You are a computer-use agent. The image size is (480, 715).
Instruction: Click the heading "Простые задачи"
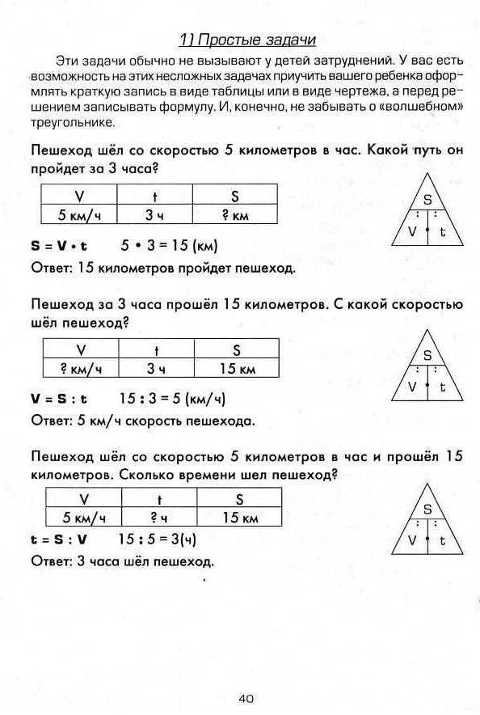click(x=246, y=40)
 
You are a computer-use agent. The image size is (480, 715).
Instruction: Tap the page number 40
click(x=246, y=698)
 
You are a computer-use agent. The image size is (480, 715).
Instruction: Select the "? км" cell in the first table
click(x=235, y=215)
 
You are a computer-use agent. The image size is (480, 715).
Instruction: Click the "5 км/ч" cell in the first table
click(x=78, y=215)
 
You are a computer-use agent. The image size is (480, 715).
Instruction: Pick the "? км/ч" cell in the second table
click(x=80, y=368)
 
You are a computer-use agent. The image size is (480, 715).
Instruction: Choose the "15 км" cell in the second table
click(x=238, y=368)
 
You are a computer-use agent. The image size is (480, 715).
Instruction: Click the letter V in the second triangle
click(x=411, y=386)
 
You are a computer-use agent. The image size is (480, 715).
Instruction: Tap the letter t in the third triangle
click(x=442, y=539)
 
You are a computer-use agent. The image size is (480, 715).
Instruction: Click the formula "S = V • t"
click(x=59, y=245)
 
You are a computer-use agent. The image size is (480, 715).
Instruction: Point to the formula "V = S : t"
click(x=59, y=399)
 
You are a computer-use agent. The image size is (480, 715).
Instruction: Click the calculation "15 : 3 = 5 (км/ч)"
click(x=172, y=399)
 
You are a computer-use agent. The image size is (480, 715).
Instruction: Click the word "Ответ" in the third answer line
click(x=49, y=561)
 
